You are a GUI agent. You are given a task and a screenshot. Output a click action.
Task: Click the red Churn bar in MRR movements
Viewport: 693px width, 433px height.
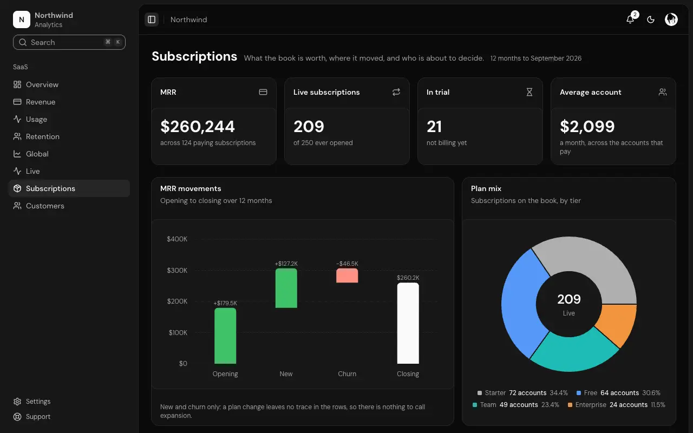point(347,275)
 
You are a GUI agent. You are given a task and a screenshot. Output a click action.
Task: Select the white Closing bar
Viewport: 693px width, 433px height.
point(408,323)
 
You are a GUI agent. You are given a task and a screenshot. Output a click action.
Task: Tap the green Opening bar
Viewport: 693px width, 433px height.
point(225,336)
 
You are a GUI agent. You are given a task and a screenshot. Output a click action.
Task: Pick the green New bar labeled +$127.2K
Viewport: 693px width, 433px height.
point(286,288)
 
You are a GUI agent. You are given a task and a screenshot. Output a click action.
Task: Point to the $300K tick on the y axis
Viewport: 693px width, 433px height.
point(177,270)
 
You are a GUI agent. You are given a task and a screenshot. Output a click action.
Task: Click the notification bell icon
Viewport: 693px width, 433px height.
point(630,19)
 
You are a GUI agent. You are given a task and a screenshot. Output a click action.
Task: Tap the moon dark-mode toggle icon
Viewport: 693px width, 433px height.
point(651,19)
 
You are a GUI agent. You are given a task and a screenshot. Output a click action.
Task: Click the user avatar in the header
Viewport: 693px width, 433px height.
point(671,19)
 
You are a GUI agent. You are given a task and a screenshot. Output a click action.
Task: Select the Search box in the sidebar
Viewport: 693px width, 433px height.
point(69,42)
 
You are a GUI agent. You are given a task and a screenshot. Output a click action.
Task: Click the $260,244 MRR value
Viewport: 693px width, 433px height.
point(198,126)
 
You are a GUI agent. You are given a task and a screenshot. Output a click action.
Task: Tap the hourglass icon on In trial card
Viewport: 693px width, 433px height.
point(529,92)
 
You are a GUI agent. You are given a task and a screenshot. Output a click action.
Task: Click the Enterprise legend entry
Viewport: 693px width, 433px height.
point(616,404)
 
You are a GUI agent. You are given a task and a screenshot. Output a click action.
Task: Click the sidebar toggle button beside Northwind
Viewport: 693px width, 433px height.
point(152,19)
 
